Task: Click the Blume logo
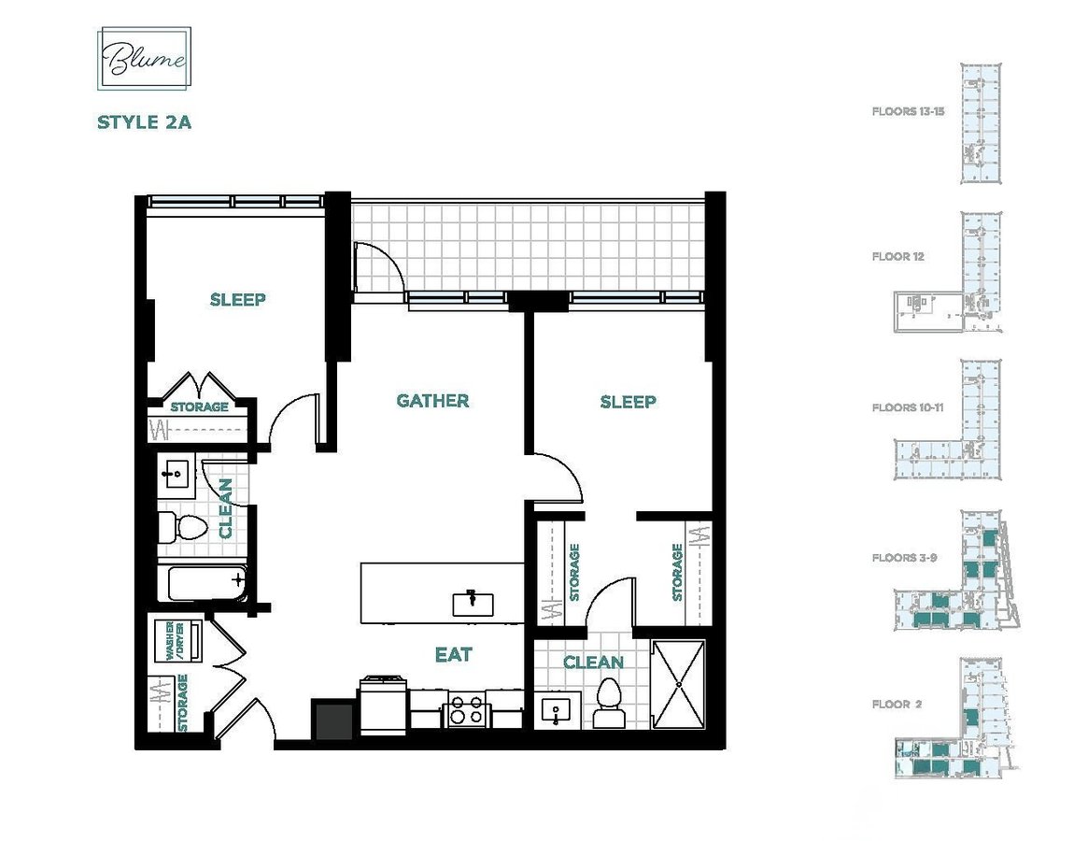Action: coord(145,58)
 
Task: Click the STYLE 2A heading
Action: coord(145,122)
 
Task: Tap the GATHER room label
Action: coord(433,401)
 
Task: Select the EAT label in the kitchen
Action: coord(453,654)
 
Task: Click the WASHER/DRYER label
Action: coord(174,640)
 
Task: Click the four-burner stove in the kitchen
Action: coord(467,710)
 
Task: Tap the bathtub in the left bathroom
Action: coord(206,583)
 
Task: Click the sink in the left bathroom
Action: coord(177,474)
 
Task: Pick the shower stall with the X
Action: coord(678,684)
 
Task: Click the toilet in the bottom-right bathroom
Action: coord(609,703)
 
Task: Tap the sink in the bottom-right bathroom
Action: coord(556,712)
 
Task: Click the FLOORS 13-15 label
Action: coord(908,111)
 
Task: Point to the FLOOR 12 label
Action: coord(897,256)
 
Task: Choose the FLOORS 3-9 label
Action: coord(904,557)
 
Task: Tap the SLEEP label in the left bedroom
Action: coord(238,299)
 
